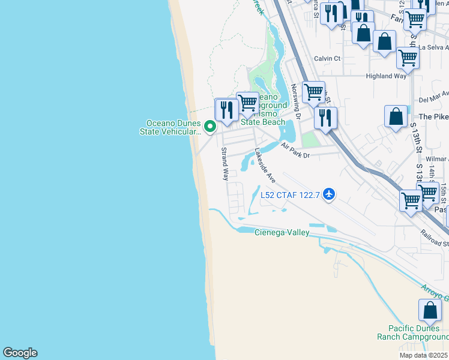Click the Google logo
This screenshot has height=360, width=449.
[x=20, y=353]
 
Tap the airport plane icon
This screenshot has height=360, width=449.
[x=328, y=194]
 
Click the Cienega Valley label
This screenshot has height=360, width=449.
[x=282, y=232]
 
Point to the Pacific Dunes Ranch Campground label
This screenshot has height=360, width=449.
[x=412, y=332]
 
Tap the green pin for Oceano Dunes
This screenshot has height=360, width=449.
[x=209, y=127]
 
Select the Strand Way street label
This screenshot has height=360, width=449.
[x=225, y=164]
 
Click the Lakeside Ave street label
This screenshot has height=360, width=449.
[x=265, y=166]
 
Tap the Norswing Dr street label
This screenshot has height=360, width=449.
[x=295, y=97]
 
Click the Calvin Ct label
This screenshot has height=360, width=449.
[x=328, y=59]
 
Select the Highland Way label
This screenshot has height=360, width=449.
[x=386, y=76]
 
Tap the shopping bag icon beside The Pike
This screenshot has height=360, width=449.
[x=396, y=117]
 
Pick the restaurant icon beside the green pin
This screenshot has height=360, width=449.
[x=226, y=110]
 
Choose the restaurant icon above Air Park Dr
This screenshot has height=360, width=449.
[x=325, y=117]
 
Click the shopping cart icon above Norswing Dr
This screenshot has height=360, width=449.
[x=313, y=92]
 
